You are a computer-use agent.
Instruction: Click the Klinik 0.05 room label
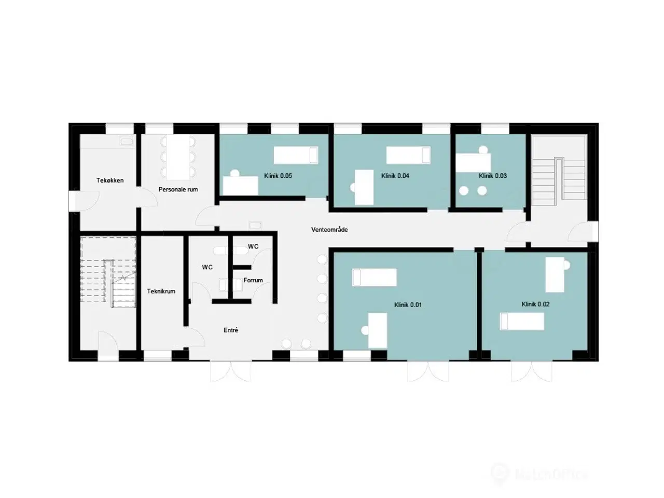coord(278,176)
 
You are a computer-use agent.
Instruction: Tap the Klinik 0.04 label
coord(395,176)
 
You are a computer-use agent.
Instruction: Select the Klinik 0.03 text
coord(493,176)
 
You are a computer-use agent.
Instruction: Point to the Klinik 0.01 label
coord(408,305)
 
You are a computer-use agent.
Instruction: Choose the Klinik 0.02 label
coord(535,305)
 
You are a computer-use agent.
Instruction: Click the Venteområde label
coord(329,229)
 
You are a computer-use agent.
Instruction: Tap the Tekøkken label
coord(110,181)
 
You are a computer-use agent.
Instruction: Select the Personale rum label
coord(178,190)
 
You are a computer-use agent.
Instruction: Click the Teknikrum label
coord(161,292)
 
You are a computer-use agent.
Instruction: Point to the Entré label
coord(231,330)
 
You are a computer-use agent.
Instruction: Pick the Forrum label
coord(253,280)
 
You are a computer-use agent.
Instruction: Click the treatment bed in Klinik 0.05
coord(296,155)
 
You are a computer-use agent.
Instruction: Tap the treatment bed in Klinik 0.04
coord(408,155)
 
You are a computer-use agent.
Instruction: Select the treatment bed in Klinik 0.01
coord(375,277)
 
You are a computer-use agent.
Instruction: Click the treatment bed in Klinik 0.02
coord(522,322)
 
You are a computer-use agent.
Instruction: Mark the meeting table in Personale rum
coord(178,157)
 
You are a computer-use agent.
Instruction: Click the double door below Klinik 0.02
coord(530,371)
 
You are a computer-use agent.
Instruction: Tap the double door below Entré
coord(231,371)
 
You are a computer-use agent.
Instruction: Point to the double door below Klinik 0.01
coord(427,371)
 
